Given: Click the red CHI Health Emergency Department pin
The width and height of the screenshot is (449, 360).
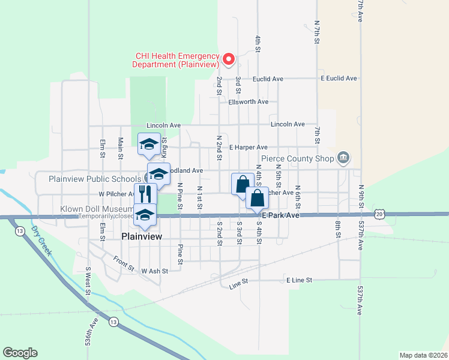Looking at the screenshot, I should point(228,59).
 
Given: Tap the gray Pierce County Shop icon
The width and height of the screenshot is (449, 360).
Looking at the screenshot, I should point(343,158).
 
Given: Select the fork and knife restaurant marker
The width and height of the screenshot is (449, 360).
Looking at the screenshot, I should point(145,194).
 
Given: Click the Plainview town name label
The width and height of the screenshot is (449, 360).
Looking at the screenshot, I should point(142,236).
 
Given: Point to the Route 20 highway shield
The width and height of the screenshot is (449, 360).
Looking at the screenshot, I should point(378,214).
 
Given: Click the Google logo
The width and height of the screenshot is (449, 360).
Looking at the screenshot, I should point(20,353).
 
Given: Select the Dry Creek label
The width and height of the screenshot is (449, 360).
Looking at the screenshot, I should point(42,239).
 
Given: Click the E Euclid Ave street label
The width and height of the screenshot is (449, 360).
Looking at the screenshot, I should point(339,79).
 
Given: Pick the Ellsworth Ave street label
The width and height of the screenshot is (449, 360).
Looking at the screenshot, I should point(248,102).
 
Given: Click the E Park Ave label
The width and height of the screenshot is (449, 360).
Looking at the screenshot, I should point(279,215).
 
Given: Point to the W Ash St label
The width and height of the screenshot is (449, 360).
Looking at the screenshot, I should point(155,271).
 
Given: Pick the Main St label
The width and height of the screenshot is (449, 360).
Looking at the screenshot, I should point(121,148).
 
